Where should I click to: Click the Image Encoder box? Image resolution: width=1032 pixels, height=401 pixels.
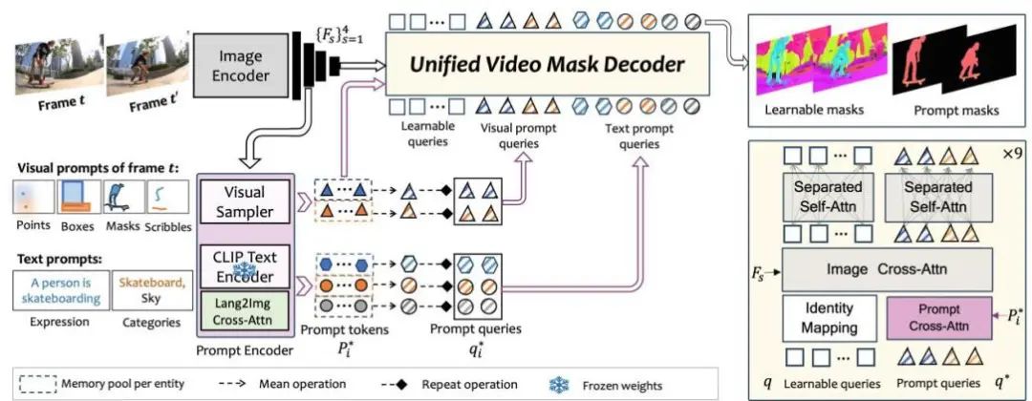coord(231,64)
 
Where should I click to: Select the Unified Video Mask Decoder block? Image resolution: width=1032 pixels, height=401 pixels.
coord(548,64)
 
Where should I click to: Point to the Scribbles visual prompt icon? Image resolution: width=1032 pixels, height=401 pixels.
coord(168,198)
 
